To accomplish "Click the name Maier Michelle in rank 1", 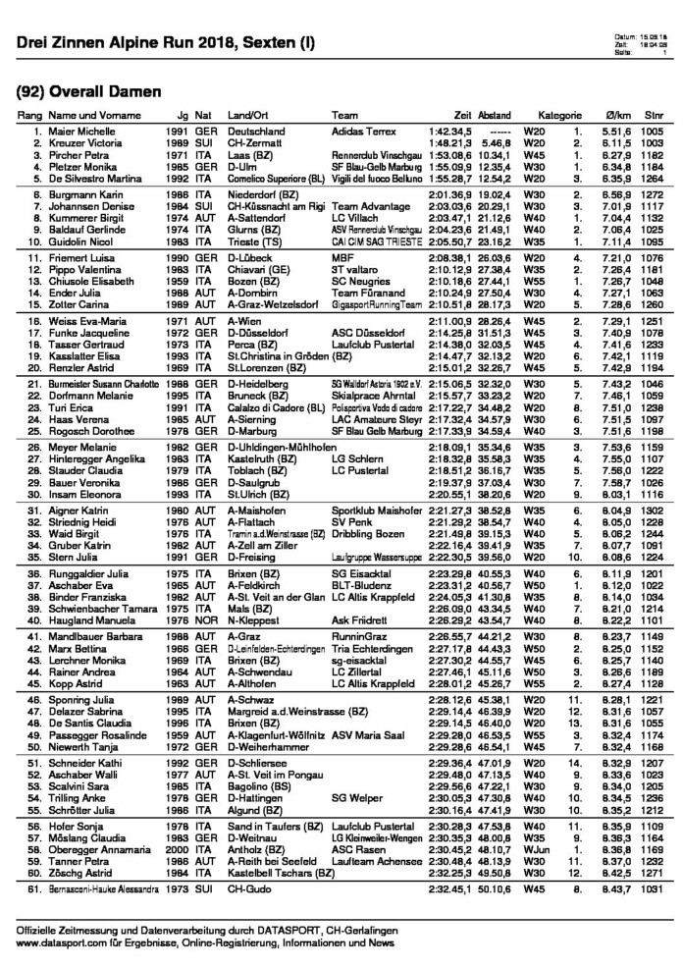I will point(78,132).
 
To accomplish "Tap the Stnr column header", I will point(653,115).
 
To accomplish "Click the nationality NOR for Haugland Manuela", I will point(204,621).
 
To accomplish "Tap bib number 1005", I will point(653,132).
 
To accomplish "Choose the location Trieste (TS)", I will point(255,241).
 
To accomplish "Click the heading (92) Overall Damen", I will point(88,91).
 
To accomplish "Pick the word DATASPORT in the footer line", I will point(332,929).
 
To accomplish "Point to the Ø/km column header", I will point(619,115).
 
